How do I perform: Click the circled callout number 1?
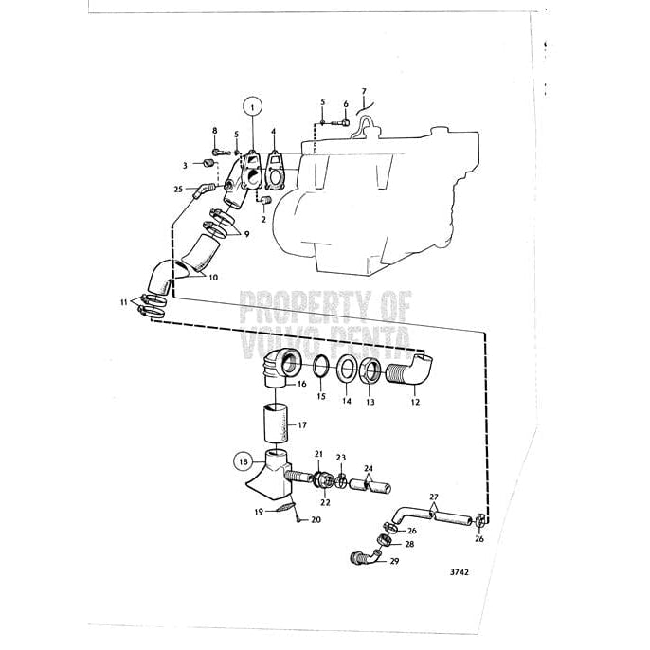coord(253,107)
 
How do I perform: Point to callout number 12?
coord(414,402)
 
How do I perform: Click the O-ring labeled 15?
coord(320,366)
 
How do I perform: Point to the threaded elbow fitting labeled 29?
coord(363,556)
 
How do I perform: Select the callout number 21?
coord(319,455)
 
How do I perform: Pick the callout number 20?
coord(316,519)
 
